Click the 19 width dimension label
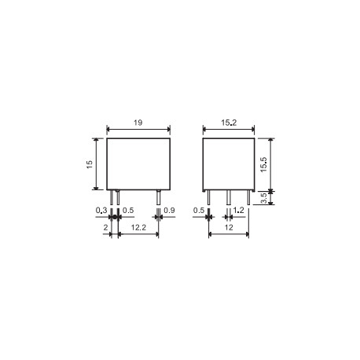(x=138, y=124)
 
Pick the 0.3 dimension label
(x=100, y=211)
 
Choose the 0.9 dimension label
(x=170, y=211)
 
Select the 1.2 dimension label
(x=238, y=211)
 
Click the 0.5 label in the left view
(x=129, y=211)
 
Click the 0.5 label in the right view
(x=199, y=211)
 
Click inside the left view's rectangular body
(x=138, y=163)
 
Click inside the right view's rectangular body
(x=227, y=163)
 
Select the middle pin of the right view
(x=228, y=198)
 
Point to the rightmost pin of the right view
(x=248, y=198)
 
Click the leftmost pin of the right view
(x=208, y=198)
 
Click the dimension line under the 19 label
(x=138, y=131)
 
